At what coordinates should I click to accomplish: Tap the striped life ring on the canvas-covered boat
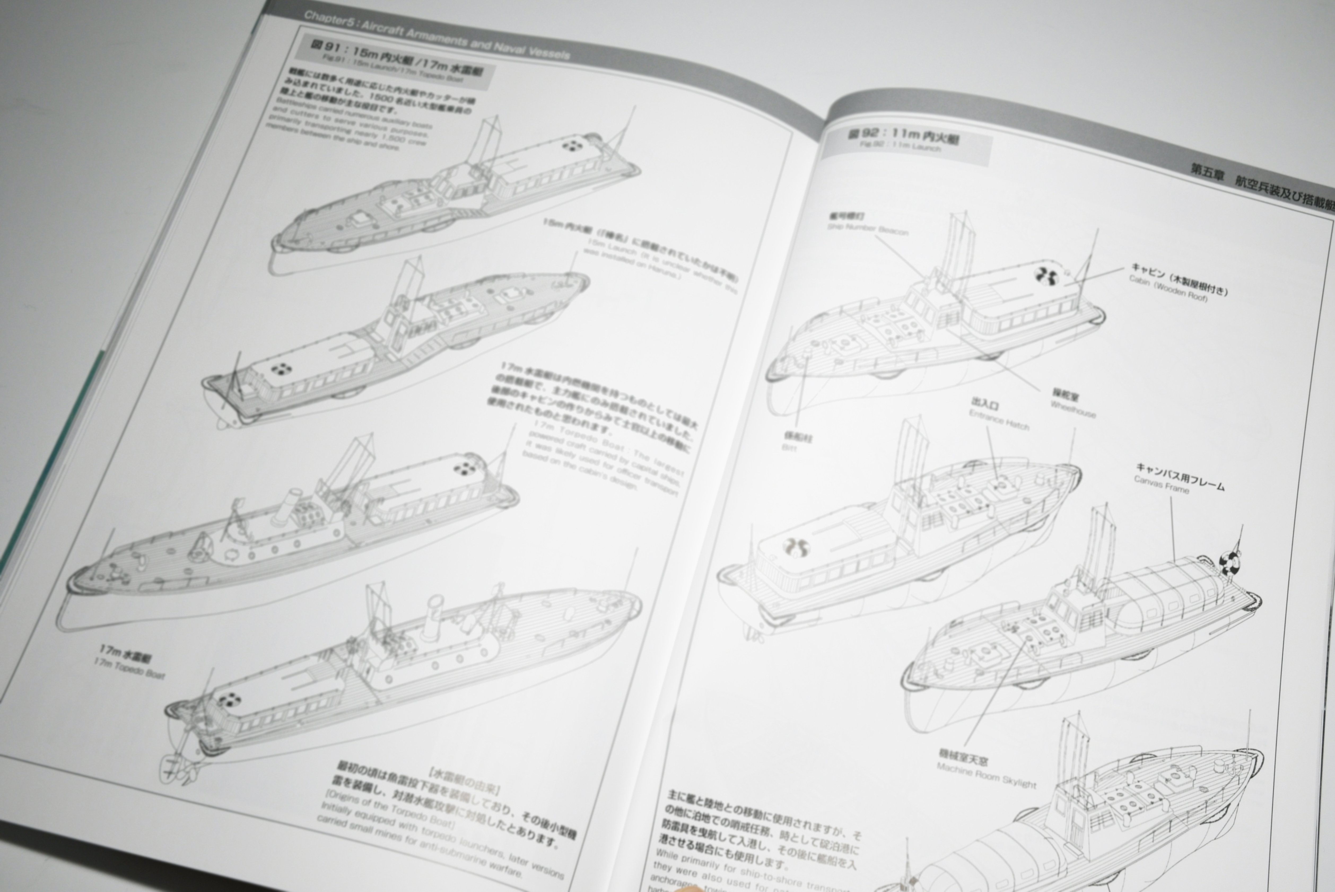click(x=1230, y=563)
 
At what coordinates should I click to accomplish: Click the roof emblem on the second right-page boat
click(x=795, y=547)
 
